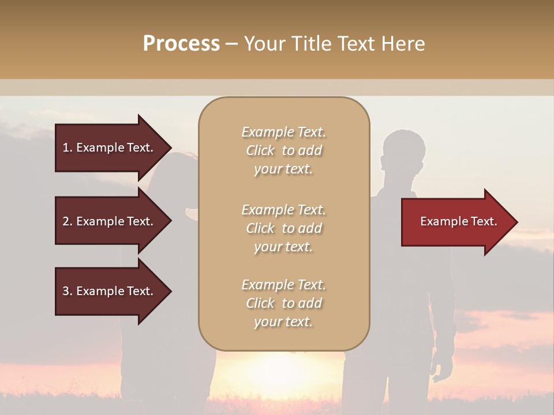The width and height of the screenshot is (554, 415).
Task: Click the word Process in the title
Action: point(181,44)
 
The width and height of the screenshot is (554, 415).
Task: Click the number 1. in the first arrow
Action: point(67,148)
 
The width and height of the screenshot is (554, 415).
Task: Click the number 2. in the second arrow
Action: point(67,221)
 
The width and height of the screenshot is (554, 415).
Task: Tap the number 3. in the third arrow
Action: point(67,291)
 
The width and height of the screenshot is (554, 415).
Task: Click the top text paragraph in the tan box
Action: point(283,150)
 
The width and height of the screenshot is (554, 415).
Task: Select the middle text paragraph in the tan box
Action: point(283,228)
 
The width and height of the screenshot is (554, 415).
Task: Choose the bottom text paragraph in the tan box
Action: point(283,303)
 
